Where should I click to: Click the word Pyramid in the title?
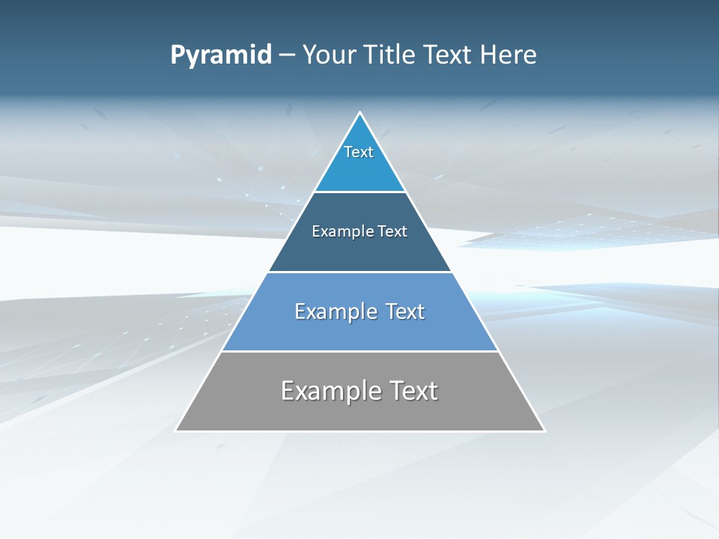[221, 55]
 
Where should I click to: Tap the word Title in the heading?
[390, 55]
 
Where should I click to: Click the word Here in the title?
[509, 55]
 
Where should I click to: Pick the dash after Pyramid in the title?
[287, 56]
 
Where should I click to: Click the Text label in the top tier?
[359, 152]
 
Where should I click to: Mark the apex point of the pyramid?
[360, 113]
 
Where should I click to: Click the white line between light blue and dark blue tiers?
[359, 192]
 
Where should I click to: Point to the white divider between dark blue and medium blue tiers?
[359, 272]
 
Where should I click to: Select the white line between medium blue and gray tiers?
[359, 351]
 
